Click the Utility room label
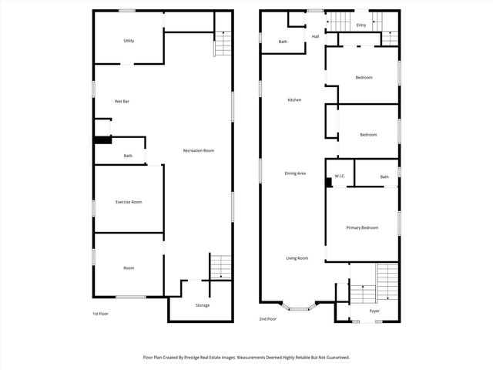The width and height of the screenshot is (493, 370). coord(129,40)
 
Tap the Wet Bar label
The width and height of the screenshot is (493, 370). coord(121,101)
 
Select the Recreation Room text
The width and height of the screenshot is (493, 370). coord(198,150)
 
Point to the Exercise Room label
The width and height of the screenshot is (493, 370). coord(129,202)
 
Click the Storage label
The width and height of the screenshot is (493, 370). coord(202,305)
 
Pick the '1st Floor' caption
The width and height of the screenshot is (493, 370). coord(99,314)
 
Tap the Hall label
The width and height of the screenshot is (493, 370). coord(315,36)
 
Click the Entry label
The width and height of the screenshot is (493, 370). coord(361,25)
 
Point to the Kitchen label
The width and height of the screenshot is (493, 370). coord(294,100)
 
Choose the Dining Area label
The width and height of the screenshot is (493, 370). coord(295,173)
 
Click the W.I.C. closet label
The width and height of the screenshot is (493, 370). coord(340,177)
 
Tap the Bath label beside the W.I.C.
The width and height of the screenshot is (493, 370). coord(384,177)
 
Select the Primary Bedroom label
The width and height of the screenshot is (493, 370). coord(362,227)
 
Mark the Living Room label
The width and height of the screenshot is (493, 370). coord(297,258)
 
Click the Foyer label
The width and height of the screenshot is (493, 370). coord(374,311)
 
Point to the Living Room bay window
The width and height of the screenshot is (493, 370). coord(295,308)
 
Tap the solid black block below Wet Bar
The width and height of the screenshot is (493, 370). coord(102,140)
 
